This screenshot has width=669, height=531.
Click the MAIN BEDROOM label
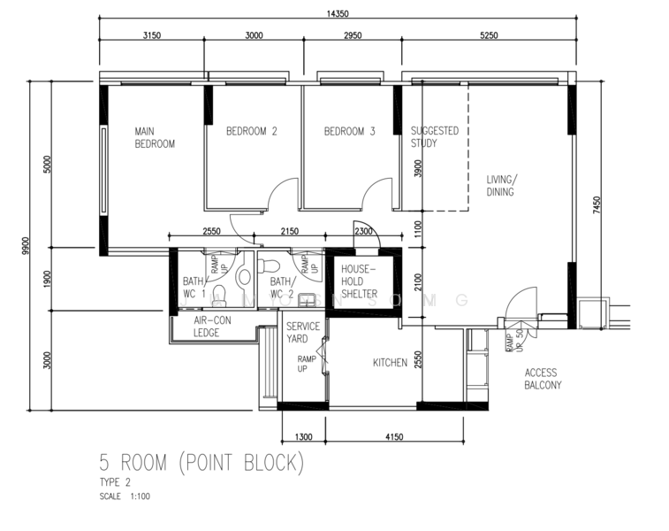(x=154, y=137)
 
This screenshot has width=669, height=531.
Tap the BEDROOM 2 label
(x=251, y=132)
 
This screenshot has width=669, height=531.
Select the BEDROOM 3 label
(x=349, y=132)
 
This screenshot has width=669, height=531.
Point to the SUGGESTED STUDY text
(x=434, y=137)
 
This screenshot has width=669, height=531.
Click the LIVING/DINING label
(x=501, y=185)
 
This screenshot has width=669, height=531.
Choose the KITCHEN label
(x=390, y=363)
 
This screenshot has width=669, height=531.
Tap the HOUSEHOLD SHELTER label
(x=359, y=281)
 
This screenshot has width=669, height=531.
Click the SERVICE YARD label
(x=303, y=332)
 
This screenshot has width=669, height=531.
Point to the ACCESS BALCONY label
(x=543, y=379)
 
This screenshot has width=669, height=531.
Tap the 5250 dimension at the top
(x=489, y=35)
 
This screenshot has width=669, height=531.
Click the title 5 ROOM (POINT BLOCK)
(x=201, y=462)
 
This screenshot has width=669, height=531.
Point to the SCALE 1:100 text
(x=124, y=496)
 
